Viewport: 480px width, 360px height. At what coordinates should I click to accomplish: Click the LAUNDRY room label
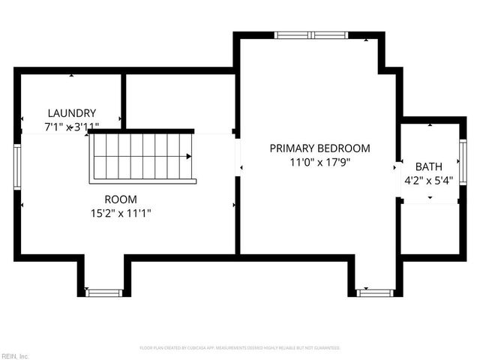(71, 112)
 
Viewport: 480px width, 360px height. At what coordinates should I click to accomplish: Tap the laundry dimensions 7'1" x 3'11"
(82, 127)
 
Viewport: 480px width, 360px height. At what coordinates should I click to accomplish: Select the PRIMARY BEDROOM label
(319, 148)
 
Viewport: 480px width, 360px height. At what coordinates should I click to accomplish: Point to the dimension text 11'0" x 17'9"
(320, 162)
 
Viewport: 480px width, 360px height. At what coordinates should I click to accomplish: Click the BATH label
(429, 166)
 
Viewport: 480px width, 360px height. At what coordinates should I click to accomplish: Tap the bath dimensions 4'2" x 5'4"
(429, 180)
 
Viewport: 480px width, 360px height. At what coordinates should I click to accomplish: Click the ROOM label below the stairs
(121, 199)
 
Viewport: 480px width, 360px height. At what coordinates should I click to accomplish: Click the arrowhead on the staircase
(189, 157)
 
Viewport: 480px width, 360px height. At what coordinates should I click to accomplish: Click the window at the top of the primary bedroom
(310, 34)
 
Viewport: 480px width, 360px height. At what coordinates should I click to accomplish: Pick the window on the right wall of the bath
(463, 162)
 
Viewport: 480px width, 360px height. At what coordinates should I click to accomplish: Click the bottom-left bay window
(103, 292)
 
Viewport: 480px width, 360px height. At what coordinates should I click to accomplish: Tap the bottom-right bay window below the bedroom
(375, 292)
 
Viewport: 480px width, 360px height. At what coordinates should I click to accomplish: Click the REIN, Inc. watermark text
(14, 355)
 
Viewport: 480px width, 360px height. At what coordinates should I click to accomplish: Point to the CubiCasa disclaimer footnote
(240, 348)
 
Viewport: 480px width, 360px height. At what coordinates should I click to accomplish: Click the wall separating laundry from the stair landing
(123, 101)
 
